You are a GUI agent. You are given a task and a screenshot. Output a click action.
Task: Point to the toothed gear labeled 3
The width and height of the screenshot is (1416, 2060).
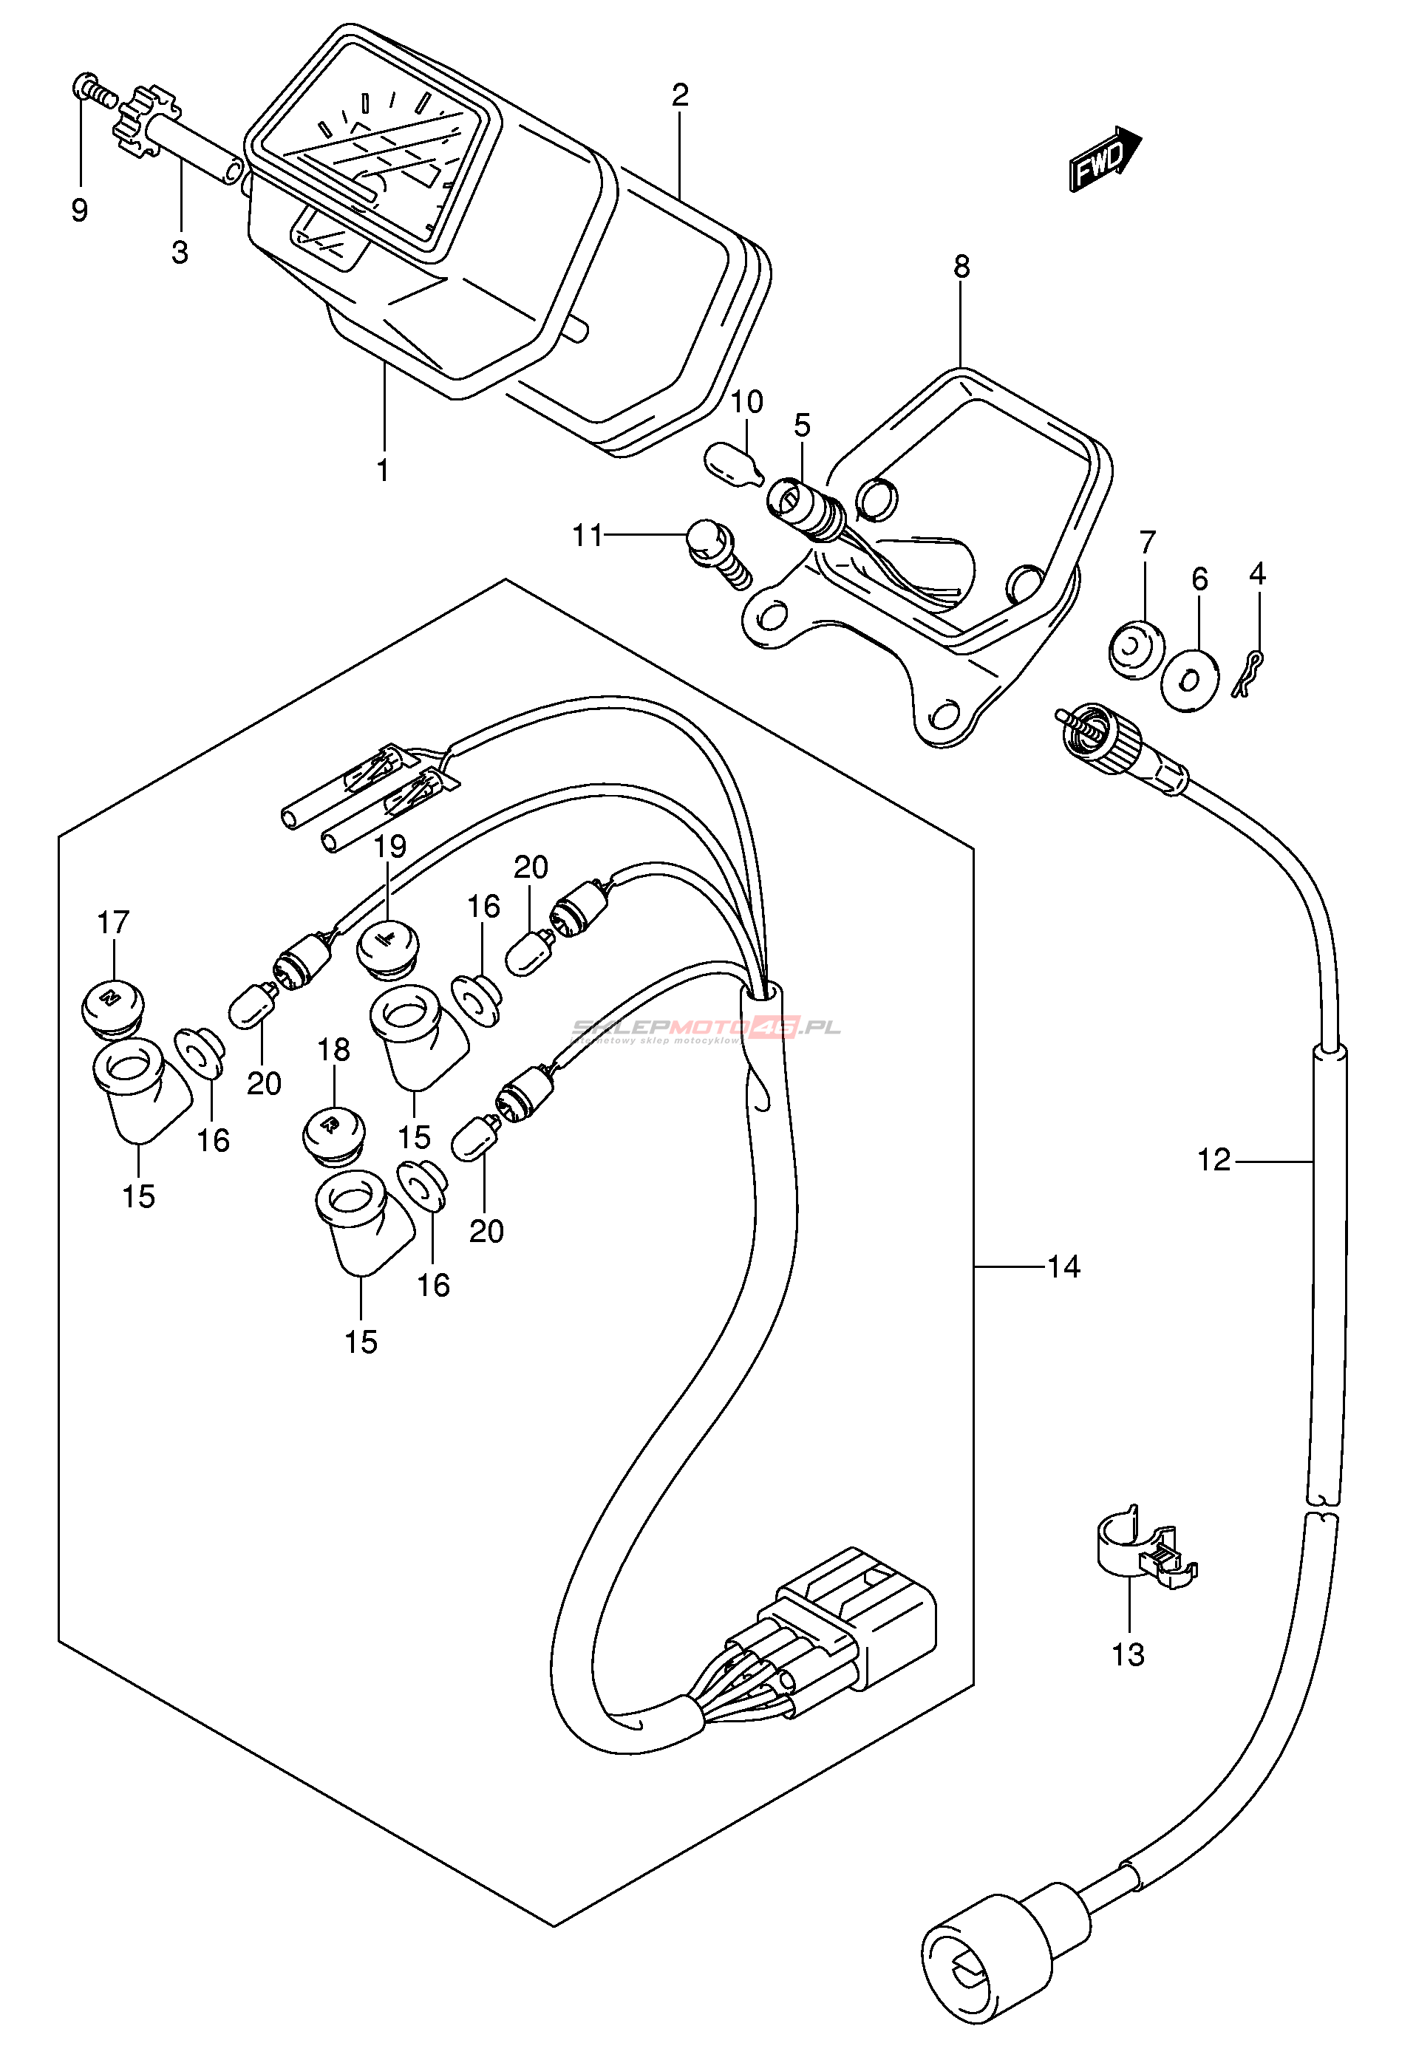(x=145, y=123)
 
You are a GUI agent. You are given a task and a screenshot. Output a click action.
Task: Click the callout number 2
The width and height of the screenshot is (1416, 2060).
(x=681, y=94)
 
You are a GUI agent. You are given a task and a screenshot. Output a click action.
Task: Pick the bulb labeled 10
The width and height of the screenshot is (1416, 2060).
(x=733, y=464)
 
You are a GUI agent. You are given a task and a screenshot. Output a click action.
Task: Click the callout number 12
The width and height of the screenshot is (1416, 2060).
(x=1214, y=1160)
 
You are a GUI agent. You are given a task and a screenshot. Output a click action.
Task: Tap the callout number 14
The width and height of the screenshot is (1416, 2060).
(x=1063, y=1267)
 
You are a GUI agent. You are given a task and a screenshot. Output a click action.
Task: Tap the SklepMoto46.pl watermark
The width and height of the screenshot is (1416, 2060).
(x=705, y=1029)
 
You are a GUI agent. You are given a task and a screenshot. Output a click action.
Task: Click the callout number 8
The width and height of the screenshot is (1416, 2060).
(x=961, y=266)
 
